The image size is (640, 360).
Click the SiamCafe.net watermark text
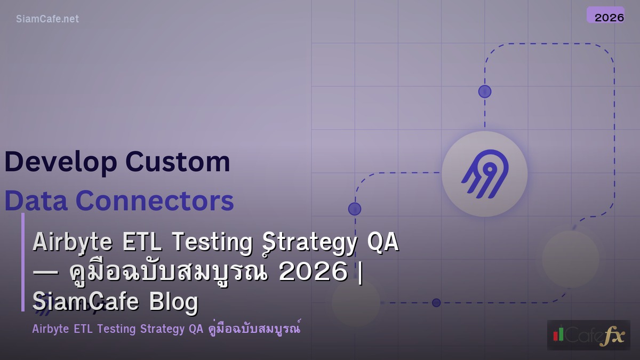[47, 19]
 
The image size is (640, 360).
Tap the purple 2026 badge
[605, 15]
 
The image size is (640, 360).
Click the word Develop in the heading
[60, 162]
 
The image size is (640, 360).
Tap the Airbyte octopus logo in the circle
[484, 174]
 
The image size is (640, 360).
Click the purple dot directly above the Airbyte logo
[484, 91]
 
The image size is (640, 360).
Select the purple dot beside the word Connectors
[355, 209]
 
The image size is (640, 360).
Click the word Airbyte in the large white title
[72, 243]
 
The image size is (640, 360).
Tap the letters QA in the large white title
[383, 243]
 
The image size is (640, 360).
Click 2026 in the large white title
[313, 273]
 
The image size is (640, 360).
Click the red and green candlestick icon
[558, 334]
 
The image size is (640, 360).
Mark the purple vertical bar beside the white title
[23, 262]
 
